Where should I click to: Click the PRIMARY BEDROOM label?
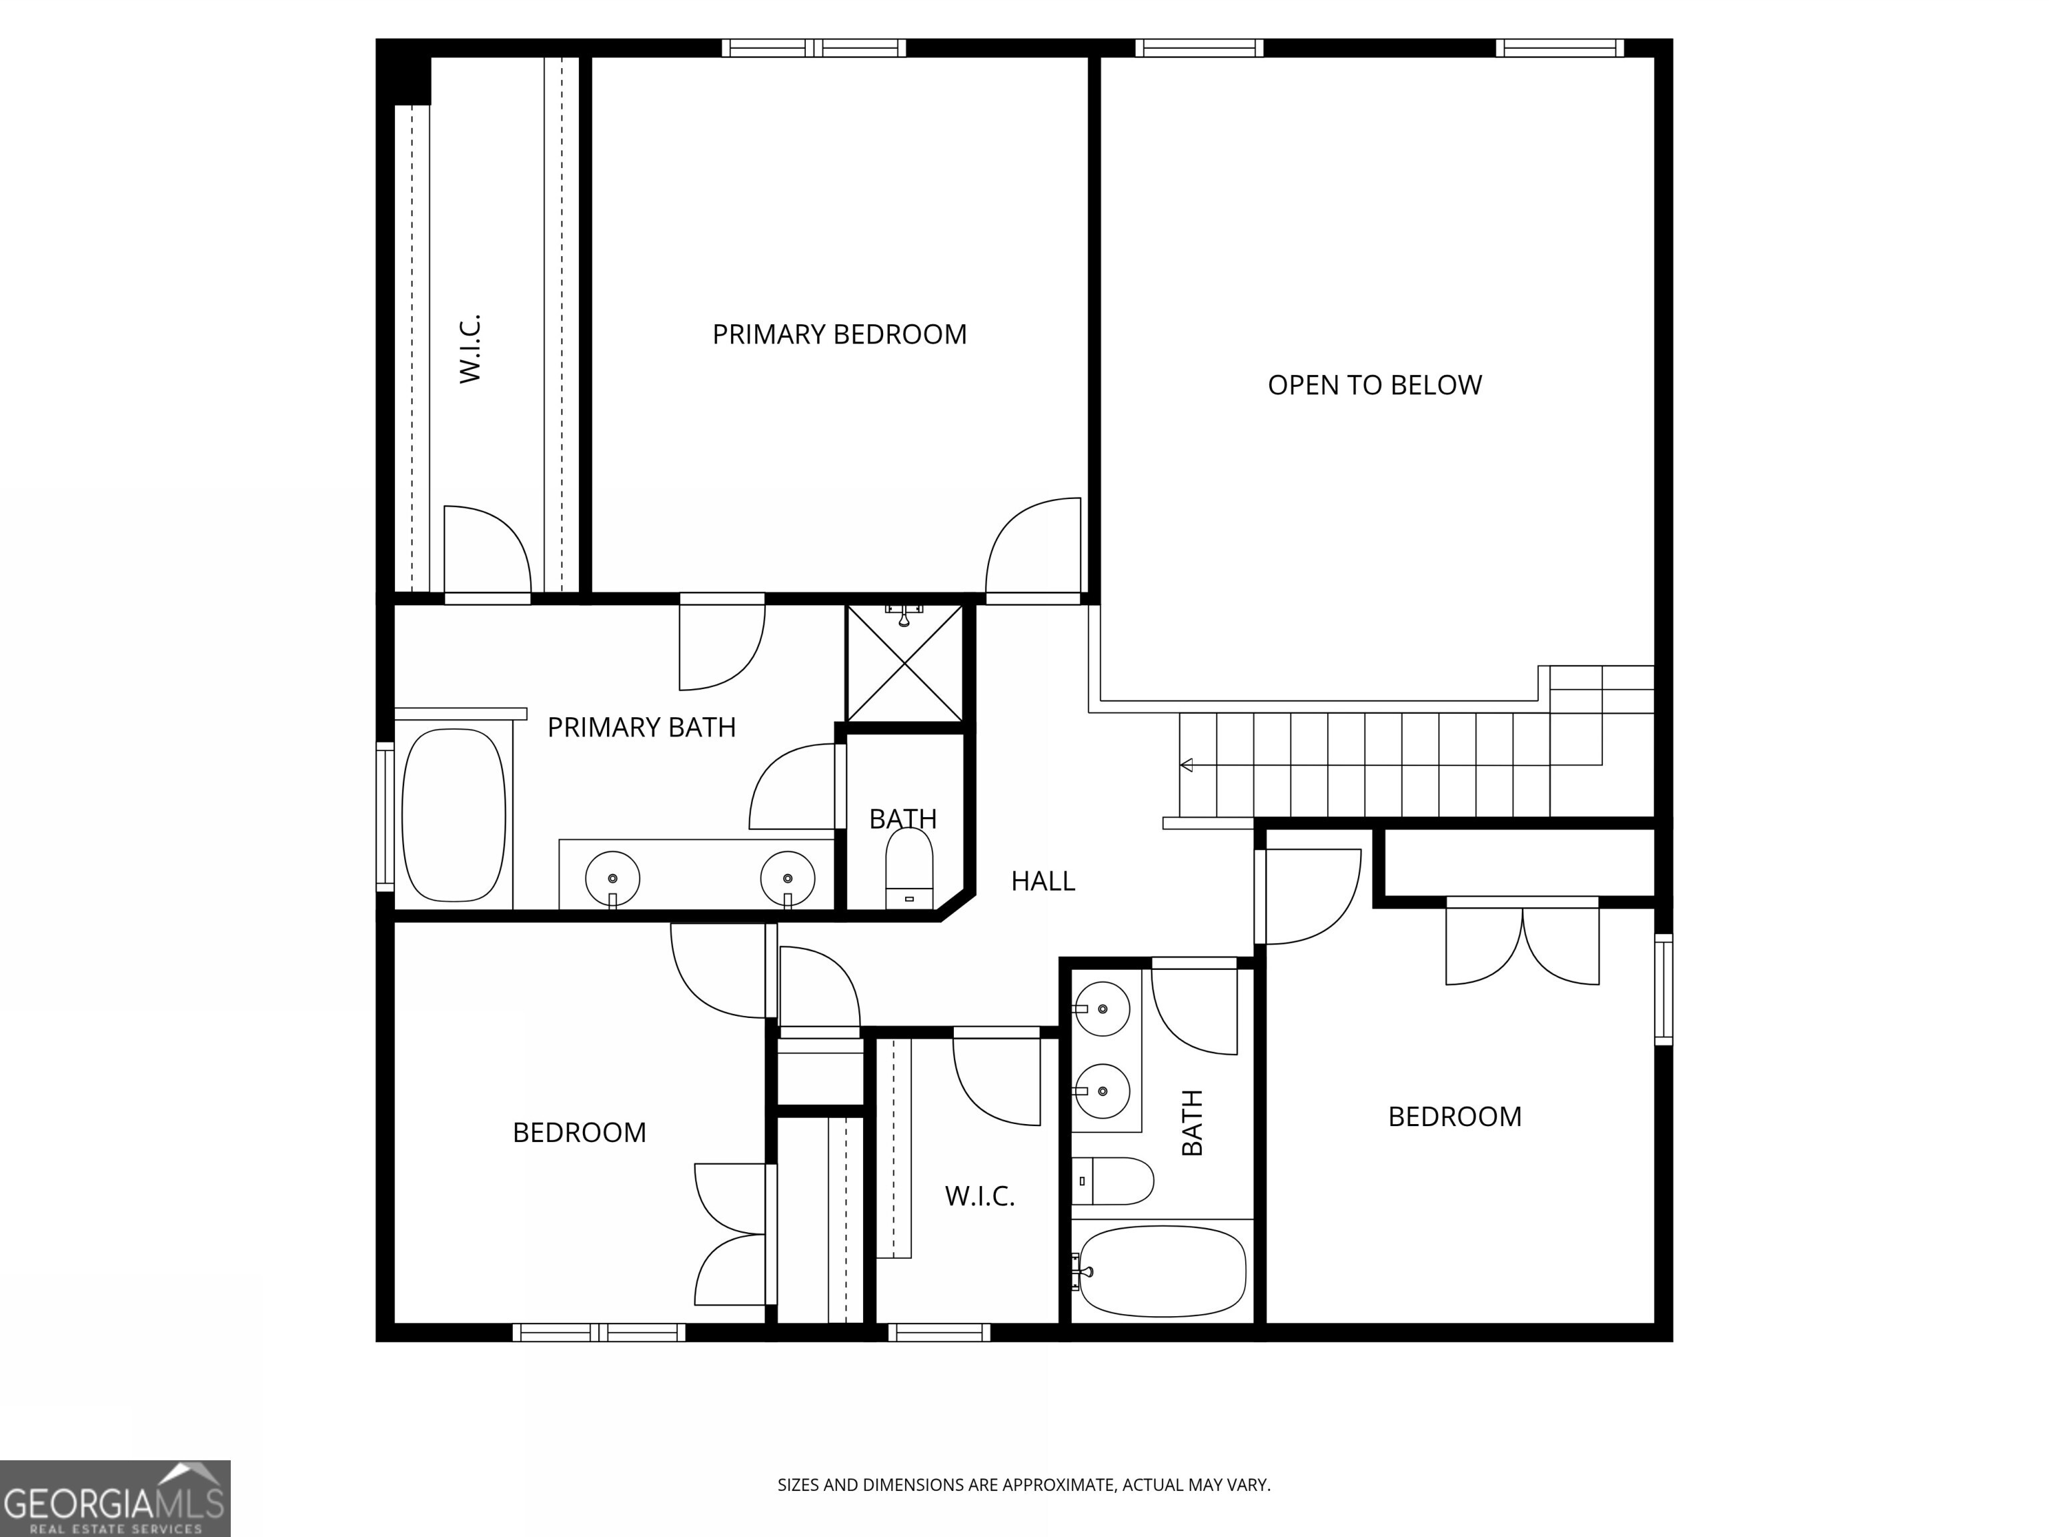pyautogui.click(x=839, y=334)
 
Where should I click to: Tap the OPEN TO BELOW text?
pyautogui.click(x=1374, y=386)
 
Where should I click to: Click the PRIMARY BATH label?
pyautogui.click(x=641, y=727)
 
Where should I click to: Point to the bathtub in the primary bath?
pyautogui.click(x=454, y=815)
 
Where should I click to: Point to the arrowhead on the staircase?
pyautogui.click(x=1187, y=765)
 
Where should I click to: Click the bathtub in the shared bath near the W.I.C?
pyautogui.click(x=1163, y=1271)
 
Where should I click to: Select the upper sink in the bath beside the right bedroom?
pyautogui.click(x=1103, y=1008)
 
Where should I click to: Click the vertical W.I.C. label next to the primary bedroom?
pyautogui.click(x=471, y=348)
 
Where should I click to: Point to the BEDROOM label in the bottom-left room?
pyautogui.click(x=579, y=1132)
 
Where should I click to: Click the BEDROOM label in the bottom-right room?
pyautogui.click(x=1454, y=1116)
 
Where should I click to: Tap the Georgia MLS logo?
pyautogui.click(x=115, y=1498)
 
